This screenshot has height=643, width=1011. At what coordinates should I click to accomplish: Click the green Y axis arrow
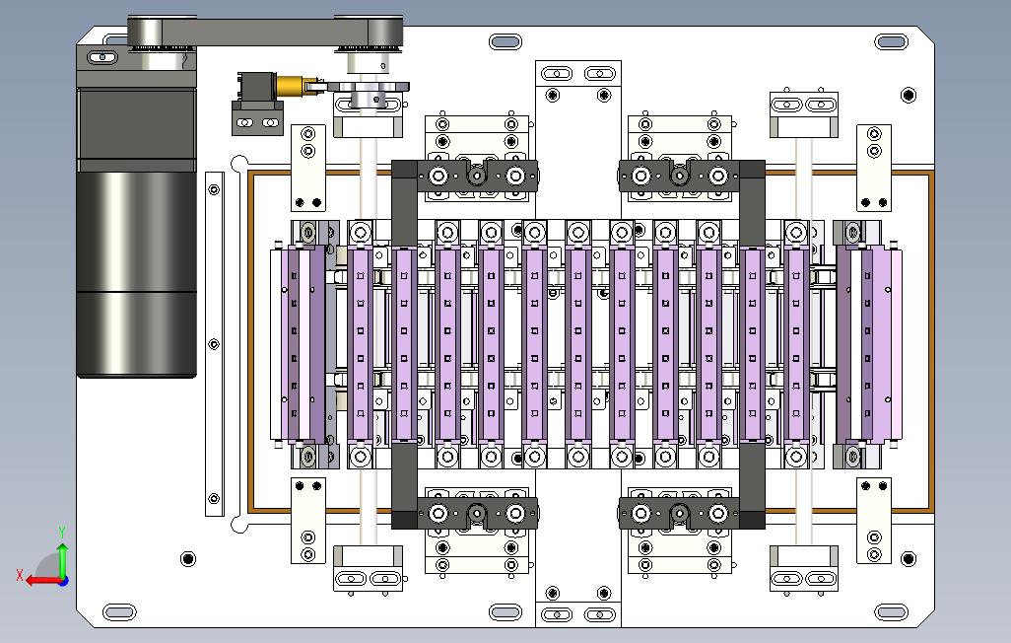pos(62,559)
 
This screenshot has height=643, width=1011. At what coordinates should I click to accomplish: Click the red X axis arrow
pos(39,580)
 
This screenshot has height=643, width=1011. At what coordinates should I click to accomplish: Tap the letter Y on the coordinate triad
pos(62,533)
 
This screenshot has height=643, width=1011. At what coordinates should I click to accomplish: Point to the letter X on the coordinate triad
pos(20,574)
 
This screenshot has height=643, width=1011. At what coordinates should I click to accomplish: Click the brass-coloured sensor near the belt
pos(292,86)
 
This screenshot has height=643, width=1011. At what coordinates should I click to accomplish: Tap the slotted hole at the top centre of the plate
pos(505,41)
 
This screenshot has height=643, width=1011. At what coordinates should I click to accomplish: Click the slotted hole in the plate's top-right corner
pos(891,41)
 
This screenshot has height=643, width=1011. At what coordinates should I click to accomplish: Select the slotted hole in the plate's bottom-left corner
pos(119,612)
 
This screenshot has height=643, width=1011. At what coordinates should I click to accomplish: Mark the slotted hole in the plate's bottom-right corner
pos(891,612)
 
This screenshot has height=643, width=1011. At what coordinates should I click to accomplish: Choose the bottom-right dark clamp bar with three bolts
pos(678,512)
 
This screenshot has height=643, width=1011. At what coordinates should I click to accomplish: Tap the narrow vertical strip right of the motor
pos(214,343)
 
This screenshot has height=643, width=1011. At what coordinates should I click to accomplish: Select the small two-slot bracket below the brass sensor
pos(257,122)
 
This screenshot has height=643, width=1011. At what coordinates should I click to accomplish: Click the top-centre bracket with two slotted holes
pos(577,74)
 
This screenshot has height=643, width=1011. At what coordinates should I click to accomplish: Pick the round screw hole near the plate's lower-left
pos(188,559)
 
